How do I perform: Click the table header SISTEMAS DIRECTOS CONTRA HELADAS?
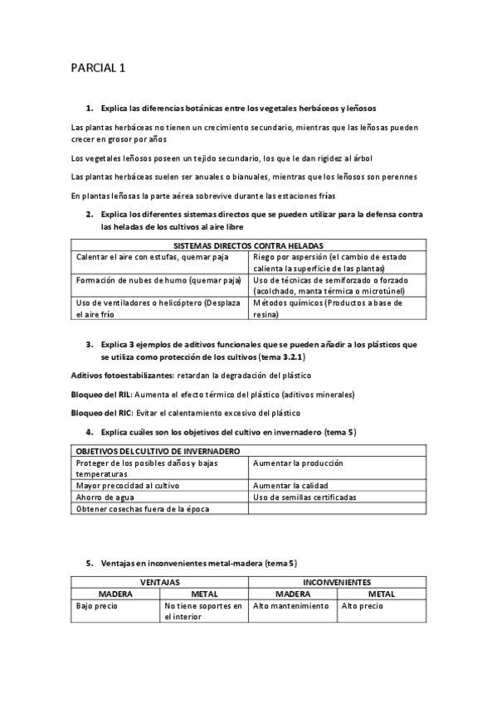[x=248, y=245]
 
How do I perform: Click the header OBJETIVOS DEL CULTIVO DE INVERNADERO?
[x=158, y=451]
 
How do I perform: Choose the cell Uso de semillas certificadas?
[x=305, y=497]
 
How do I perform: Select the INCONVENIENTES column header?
[x=337, y=583]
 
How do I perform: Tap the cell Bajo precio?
[x=96, y=606]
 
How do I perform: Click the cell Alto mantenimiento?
[x=290, y=606]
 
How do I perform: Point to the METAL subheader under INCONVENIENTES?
[x=382, y=594]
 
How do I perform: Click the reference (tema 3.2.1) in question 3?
[x=280, y=356]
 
